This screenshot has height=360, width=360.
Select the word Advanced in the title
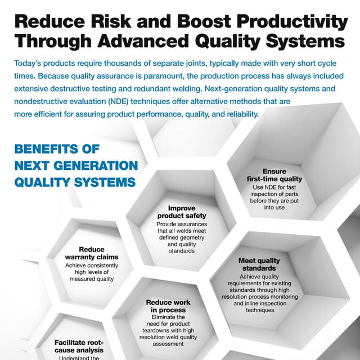(x=135, y=42)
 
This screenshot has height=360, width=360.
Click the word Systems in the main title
(x=304, y=42)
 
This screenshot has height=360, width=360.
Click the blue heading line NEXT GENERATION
(x=76, y=165)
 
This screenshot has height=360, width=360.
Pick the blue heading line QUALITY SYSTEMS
(x=75, y=182)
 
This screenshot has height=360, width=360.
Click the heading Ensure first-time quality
(x=274, y=175)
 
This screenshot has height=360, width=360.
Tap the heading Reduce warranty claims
(x=91, y=253)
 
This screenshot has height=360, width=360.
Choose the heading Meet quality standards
(x=259, y=264)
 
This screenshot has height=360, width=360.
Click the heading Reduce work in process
(x=168, y=305)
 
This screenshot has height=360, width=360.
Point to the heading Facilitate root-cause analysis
(x=79, y=345)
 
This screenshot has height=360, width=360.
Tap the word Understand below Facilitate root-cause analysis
(x=71, y=357)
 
